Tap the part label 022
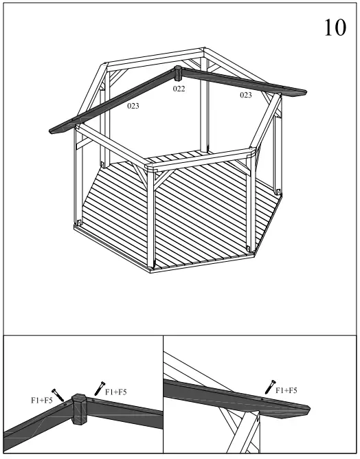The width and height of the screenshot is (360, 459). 179,89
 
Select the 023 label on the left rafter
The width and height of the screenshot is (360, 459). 133,107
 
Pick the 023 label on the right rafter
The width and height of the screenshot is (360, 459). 245,96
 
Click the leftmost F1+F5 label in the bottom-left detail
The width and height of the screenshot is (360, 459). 41,399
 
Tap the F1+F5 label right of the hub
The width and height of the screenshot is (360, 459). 115,392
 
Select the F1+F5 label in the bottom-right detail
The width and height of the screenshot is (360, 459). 286,390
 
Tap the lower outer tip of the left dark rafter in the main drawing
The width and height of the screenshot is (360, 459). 55,128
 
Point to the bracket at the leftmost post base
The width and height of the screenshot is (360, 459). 80,223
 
